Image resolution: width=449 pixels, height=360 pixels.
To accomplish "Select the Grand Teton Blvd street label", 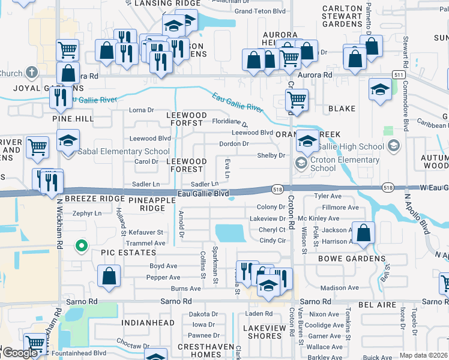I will click(x=259, y=11).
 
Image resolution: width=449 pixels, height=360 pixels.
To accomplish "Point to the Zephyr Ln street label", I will click(x=88, y=213).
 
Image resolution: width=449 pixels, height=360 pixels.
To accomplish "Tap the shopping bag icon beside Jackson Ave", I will click(x=363, y=233).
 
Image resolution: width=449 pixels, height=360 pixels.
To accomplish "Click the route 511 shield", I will click(x=399, y=73).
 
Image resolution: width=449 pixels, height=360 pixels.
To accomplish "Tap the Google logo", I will click(x=20, y=353).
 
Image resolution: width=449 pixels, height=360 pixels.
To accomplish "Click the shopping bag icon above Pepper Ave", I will click(x=109, y=277).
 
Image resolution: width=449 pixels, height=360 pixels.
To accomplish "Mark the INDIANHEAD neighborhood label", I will click(x=148, y=323).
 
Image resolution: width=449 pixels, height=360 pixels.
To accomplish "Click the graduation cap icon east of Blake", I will click(x=380, y=90).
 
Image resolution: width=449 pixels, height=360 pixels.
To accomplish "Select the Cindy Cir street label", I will click(x=272, y=241).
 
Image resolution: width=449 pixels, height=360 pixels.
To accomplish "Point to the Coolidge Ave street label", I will click(x=325, y=325).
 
